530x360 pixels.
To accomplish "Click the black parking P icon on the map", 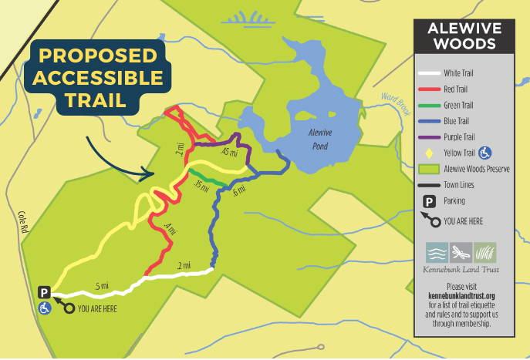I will click(x=44, y=293).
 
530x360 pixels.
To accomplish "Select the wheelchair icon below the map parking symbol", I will click(x=44, y=308).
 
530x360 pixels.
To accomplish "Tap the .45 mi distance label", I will click(x=228, y=152).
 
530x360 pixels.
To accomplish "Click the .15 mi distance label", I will click(x=201, y=187).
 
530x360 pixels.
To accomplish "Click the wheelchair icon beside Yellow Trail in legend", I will click(x=485, y=153).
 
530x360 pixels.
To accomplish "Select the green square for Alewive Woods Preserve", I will click(x=428, y=169).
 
